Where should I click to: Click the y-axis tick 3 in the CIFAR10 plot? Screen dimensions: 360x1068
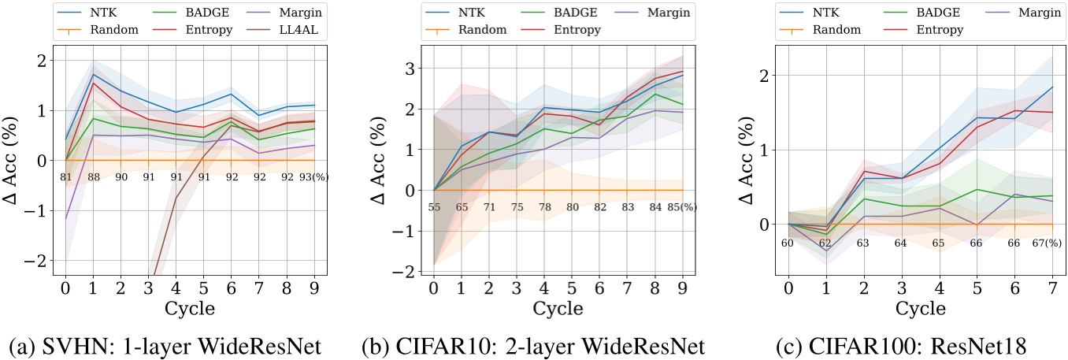tap(410, 69)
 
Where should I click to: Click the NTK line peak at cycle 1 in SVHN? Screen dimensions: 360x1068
tap(94, 75)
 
